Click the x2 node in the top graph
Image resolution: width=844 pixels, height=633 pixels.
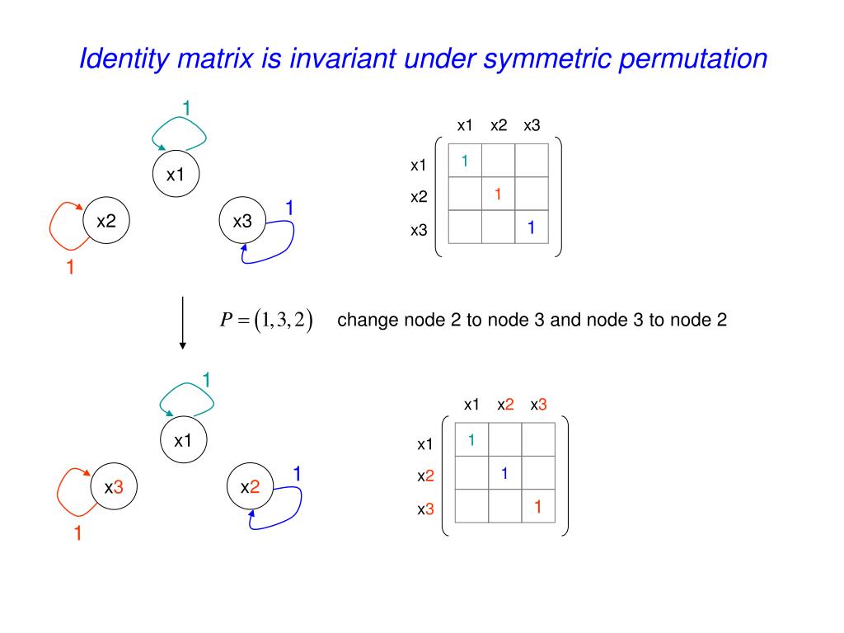pos(106,221)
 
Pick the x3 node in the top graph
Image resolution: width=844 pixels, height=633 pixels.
pos(242,221)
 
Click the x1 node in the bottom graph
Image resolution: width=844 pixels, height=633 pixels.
pos(183,441)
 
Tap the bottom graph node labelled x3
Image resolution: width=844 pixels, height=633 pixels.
pos(114,487)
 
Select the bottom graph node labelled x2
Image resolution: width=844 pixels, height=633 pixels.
pos(250,487)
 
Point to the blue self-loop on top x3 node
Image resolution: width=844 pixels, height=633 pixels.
pos(288,241)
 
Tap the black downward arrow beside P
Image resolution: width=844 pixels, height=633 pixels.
pos(182,321)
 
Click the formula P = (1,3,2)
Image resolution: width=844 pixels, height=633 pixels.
pos(266,320)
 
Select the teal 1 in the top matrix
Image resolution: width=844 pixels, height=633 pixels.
pos(465,161)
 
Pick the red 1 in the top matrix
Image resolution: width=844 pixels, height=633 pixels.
pos(498,195)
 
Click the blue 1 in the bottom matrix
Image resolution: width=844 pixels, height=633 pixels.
pos(504,473)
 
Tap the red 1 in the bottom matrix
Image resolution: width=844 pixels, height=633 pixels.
pos(537,506)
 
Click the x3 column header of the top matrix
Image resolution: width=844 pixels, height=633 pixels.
pos(532,125)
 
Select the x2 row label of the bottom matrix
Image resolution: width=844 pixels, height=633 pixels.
pos(425,476)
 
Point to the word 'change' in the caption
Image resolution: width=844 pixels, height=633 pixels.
pos(368,320)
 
